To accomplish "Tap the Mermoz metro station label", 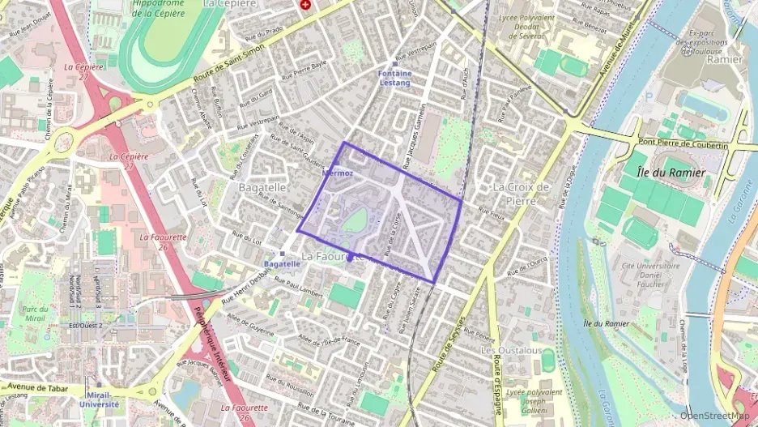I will [338, 173].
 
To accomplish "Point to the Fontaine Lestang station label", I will [395, 78].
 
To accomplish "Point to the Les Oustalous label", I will [511, 350].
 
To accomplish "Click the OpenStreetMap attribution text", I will [713, 415].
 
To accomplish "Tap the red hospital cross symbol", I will [305, 4].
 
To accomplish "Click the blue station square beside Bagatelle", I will [282, 254].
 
